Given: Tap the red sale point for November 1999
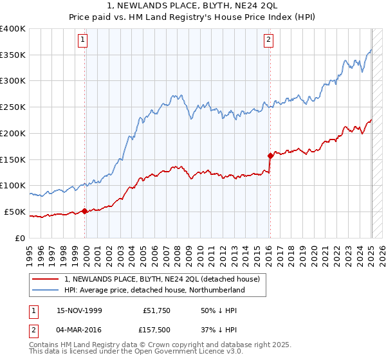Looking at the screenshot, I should (x=85, y=211).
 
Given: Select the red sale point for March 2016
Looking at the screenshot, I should (x=270, y=155).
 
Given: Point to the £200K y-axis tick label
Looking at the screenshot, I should (x=13, y=133).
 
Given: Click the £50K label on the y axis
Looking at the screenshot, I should (x=15, y=212).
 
